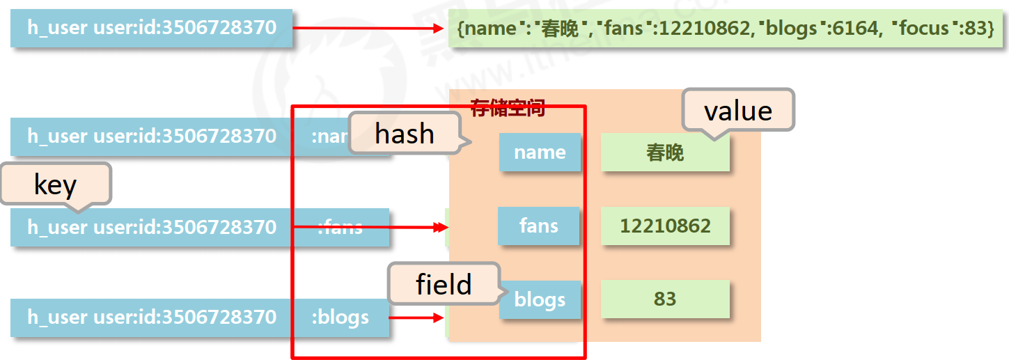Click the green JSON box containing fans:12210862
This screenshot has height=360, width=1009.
click(x=725, y=29)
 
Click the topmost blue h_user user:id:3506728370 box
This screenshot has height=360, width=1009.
click(x=151, y=28)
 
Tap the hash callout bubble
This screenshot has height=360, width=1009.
click(x=405, y=133)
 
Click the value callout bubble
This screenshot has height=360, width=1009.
click(x=738, y=110)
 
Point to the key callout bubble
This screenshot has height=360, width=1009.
click(x=55, y=184)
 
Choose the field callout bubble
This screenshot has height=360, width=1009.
click(x=444, y=283)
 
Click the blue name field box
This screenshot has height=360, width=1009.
click(x=540, y=152)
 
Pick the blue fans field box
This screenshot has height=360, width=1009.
click(x=538, y=226)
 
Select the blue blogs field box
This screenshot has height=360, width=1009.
click(x=540, y=300)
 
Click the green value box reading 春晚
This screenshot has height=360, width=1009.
click(x=665, y=152)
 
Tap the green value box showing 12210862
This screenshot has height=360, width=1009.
click(x=665, y=226)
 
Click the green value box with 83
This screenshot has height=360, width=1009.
click(x=665, y=299)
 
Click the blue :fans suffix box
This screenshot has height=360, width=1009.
click(x=341, y=227)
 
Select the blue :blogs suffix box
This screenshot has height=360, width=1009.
click(x=341, y=318)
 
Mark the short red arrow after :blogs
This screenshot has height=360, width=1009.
click(x=415, y=318)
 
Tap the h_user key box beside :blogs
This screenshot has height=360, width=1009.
click(x=151, y=318)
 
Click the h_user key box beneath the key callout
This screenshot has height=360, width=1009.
click(x=151, y=227)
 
